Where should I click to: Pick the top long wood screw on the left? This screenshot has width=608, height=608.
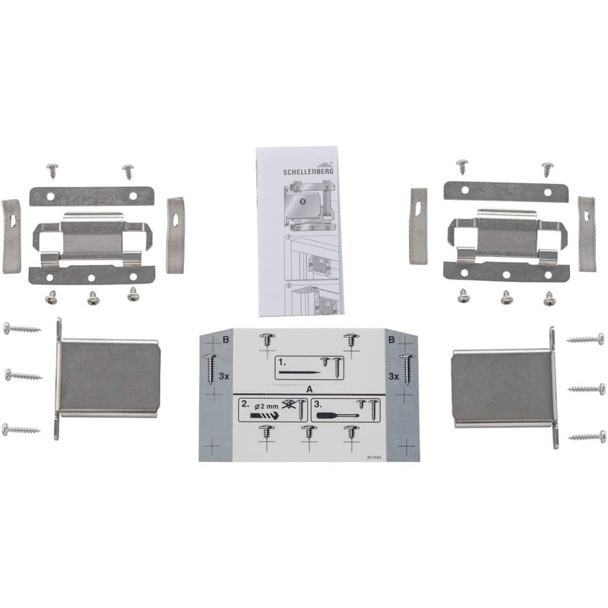22,329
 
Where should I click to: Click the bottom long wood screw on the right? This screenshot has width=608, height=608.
586,437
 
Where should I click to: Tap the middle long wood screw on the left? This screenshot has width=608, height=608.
24,375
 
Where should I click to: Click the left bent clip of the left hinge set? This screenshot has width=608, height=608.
11,236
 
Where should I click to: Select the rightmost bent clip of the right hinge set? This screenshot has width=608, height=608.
586,233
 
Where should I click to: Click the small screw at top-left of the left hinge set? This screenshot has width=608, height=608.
52,169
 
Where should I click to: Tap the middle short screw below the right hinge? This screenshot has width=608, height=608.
506,298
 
